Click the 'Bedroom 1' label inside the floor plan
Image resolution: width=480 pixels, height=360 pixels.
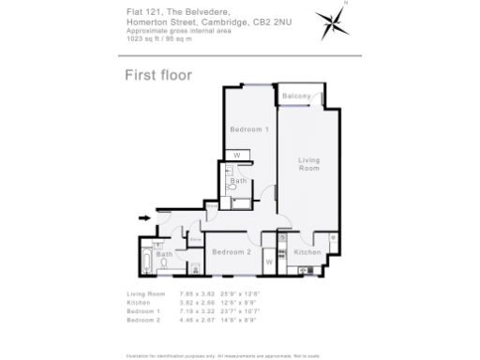point(250,128)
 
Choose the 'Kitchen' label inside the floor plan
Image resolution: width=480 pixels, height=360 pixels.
point(307,252)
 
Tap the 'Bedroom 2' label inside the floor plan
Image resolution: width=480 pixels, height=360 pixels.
point(231,252)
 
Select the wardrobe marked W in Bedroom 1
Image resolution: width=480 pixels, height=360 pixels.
point(236,155)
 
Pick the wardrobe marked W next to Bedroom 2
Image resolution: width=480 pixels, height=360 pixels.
point(269,262)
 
